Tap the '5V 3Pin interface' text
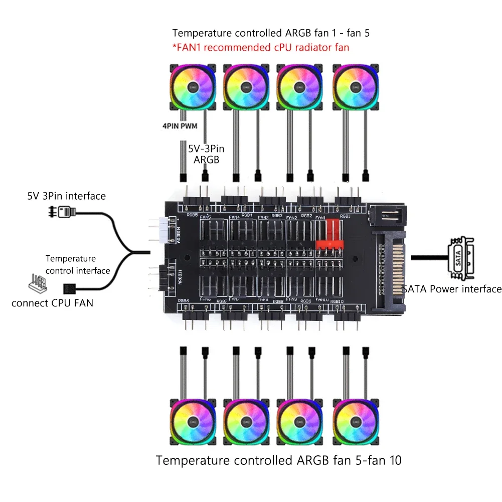tap(67, 196)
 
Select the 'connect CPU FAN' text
tap(52, 303)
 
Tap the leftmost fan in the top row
tap(192, 87)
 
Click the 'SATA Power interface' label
tap(452, 289)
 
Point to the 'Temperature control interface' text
tap(78, 265)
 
